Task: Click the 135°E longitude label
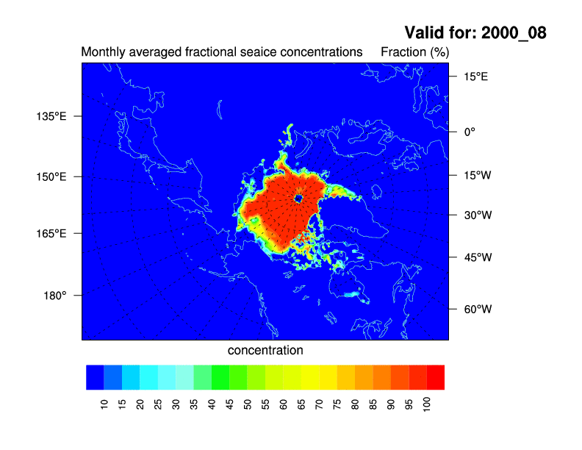pyautogui.click(x=51, y=116)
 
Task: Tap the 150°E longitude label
pyautogui.click(x=51, y=176)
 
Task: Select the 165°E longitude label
pyautogui.click(x=51, y=234)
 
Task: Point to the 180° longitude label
pyautogui.click(x=55, y=296)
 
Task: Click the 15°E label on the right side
pyautogui.click(x=475, y=76)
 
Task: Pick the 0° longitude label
pyautogui.click(x=470, y=132)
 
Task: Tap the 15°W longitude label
pyautogui.click(x=478, y=175)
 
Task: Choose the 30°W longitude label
pyautogui.click(x=478, y=215)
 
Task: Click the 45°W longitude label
pyautogui.click(x=478, y=257)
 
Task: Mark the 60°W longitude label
pyautogui.click(x=478, y=309)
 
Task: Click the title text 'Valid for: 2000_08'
pyautogui.click(x=475, y=32)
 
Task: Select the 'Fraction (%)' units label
pyautogui.click(x=415, y=52)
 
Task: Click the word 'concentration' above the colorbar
pyautogui.click(x=265, y=350)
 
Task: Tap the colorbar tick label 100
pyautogui.click(x=427, y=404)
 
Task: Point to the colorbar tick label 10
pyautogui.click(x=104, y=404)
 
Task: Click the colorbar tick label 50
pyautogui.click(x=248, y=404)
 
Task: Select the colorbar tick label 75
pyautogui.click(x=337, y=404)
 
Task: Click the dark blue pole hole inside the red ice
pyautogui.click(x=298, y=199)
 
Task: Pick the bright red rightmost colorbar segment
pyautogui.click(x=436, y=377)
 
